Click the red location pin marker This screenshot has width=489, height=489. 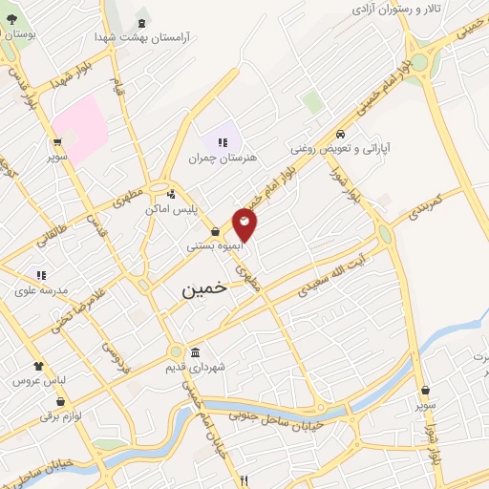click(245, 223)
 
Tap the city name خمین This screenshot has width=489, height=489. click(205, 291)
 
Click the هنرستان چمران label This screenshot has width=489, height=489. click(223, 158)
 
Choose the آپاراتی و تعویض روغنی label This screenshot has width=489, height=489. click(341, 149)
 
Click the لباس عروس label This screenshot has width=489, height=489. click(37, 380)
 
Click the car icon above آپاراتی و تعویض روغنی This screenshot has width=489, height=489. click(341, 134)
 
